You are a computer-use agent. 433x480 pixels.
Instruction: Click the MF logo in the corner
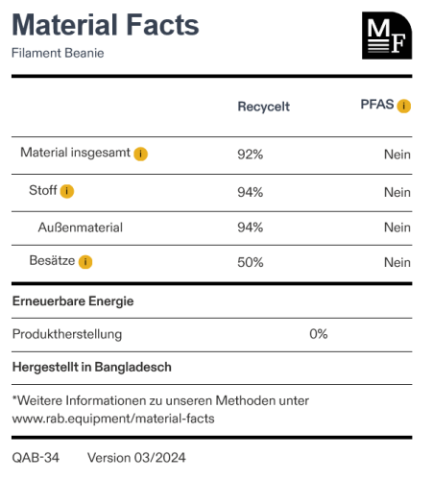coord(387,36)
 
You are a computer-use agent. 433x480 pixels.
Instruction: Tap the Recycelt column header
coord(263,107)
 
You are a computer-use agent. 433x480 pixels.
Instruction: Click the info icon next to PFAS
coord(404,106)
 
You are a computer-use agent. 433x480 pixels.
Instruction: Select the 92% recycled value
coord(251,155)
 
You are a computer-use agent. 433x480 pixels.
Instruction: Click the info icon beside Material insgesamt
coord(140,154)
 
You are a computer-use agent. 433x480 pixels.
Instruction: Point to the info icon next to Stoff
coord(67,191)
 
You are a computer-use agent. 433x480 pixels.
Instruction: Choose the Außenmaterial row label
coord(81,228)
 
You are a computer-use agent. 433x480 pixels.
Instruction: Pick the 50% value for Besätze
coord(251,262)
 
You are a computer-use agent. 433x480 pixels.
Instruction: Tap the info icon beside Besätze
coord(85,262)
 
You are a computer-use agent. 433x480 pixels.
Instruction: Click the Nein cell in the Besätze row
coord(397,262)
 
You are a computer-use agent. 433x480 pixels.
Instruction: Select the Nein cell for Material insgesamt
coord(397,155)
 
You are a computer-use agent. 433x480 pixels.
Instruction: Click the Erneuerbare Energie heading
coord(73,301)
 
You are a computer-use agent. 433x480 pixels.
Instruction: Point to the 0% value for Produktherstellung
coord(319,334)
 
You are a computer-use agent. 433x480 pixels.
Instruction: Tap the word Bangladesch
coord(132,367)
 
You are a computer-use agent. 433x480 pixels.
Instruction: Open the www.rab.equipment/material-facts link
coord(113,419)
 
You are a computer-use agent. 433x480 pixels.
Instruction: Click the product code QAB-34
coord(36,458)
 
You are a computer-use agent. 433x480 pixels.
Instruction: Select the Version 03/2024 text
coord(136,458)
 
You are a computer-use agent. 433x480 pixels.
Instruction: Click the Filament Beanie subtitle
coord(58,53)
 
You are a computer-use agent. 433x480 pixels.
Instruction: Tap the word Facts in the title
coord(162,25)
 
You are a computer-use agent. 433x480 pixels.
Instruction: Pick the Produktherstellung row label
coord(67,334)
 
